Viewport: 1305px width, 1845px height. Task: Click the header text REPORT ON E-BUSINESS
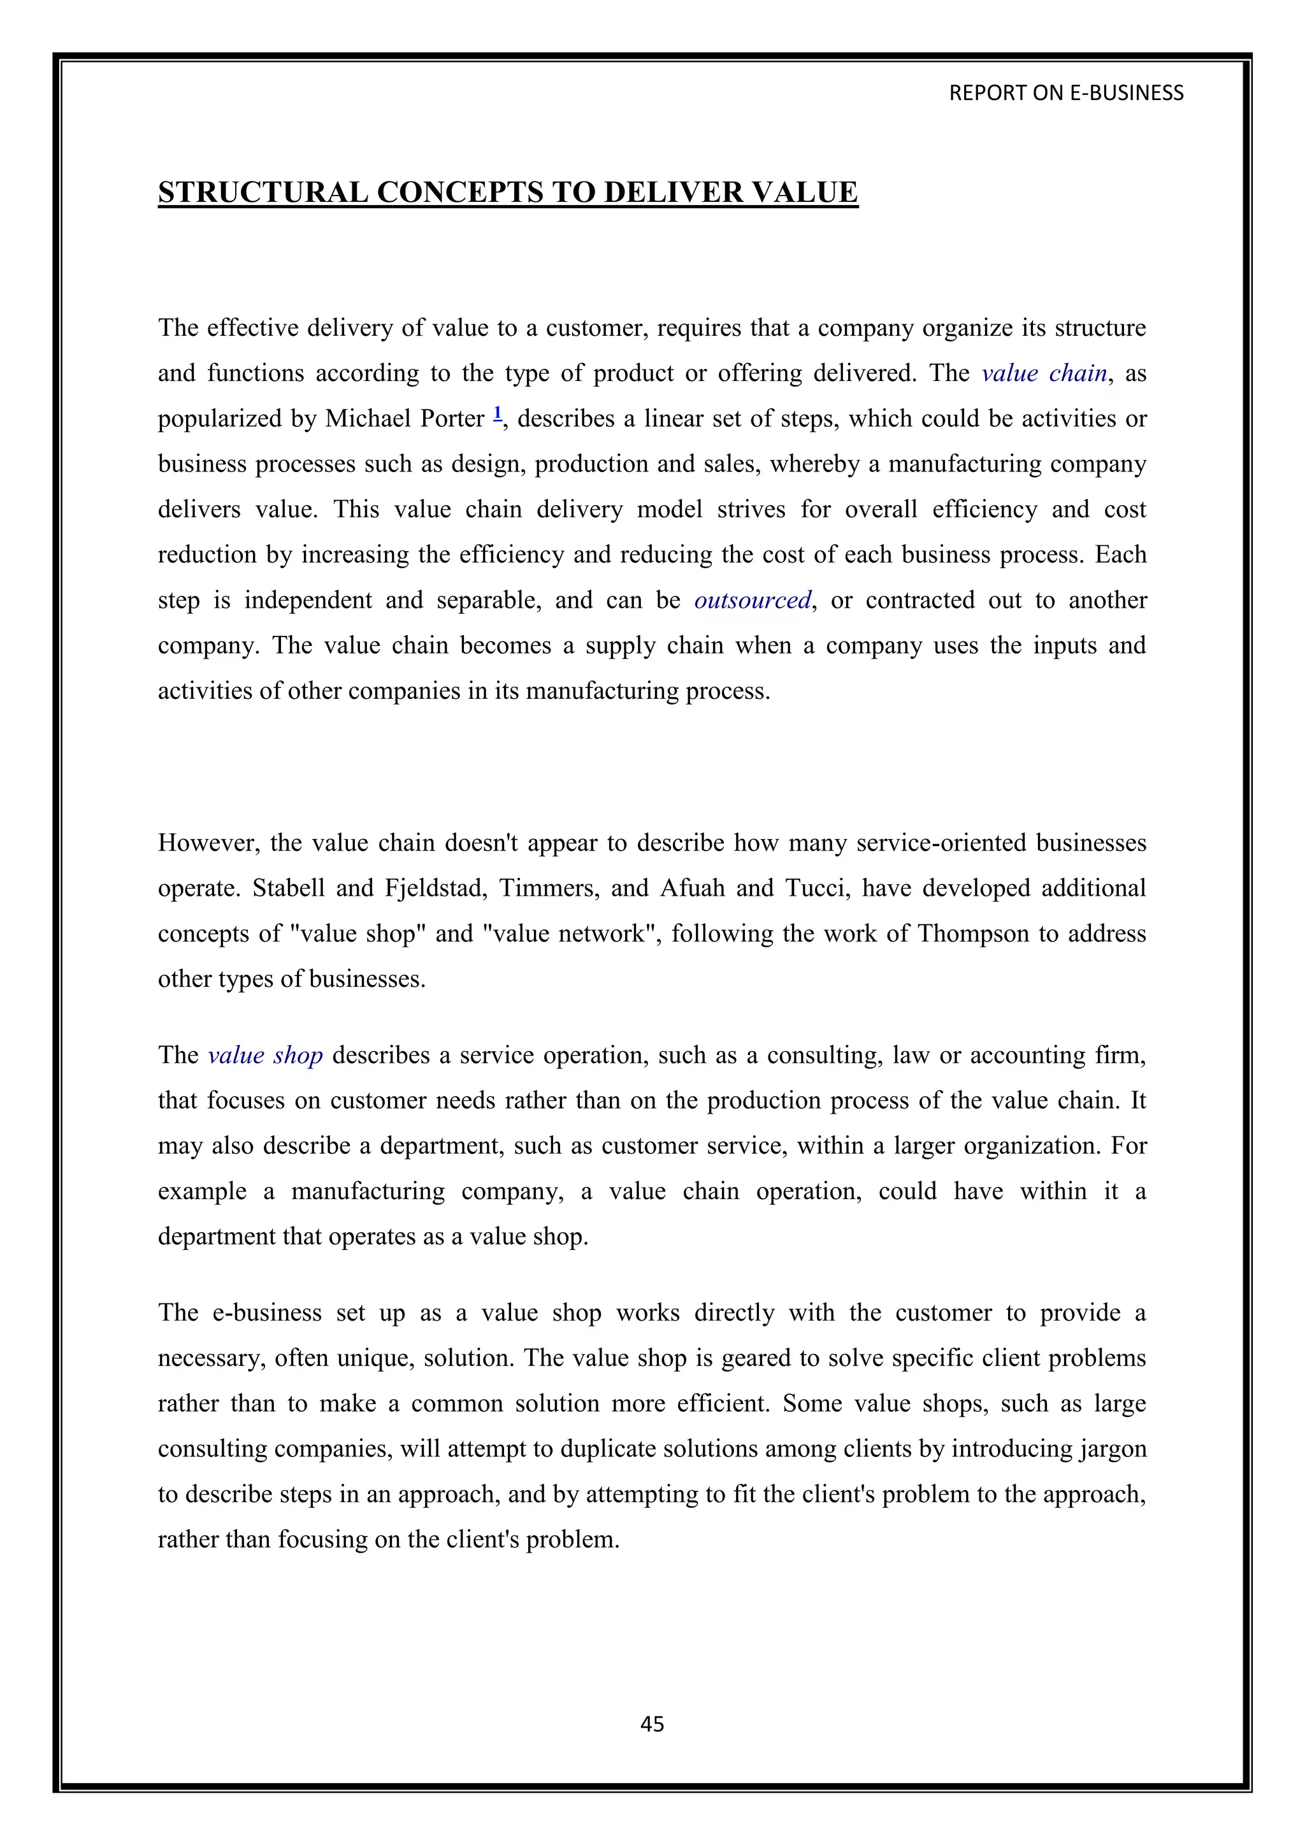[x=1065, y=93]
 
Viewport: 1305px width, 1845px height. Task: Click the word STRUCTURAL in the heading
[x=263, y=193]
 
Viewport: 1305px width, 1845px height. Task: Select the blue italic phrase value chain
[x=1044, y=374]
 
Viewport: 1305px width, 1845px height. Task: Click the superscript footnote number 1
[x=498, y=414]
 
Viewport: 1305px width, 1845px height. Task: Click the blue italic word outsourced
[x=752, y=601]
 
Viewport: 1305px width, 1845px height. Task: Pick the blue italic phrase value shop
[x=265, y=1055]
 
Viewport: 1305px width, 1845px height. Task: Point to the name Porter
[x=452, y=419]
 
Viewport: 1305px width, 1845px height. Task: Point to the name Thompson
[x=973, y=934]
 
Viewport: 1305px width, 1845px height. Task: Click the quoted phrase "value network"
[x=572, y=934]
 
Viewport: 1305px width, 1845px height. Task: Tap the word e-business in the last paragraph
[x=265, y=1313]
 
